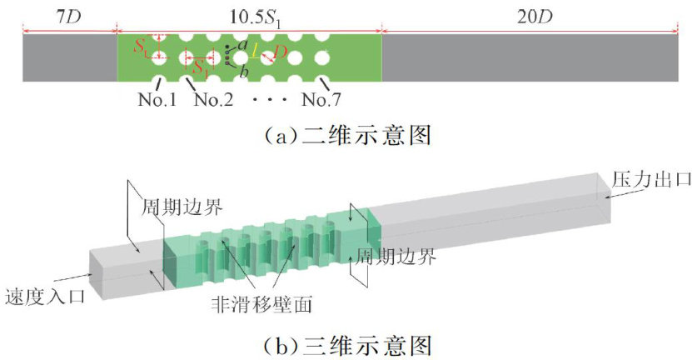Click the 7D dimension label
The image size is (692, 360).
coord(68,16)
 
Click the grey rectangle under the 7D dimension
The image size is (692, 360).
coord(69,58)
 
